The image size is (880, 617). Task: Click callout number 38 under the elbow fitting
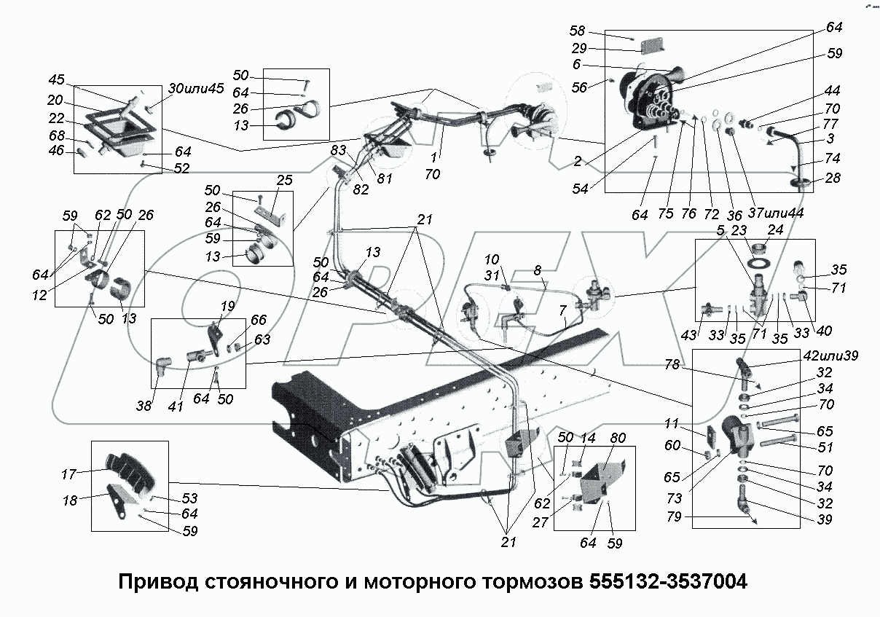coord(145,406)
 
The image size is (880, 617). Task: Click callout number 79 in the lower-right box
coord(677,519)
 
